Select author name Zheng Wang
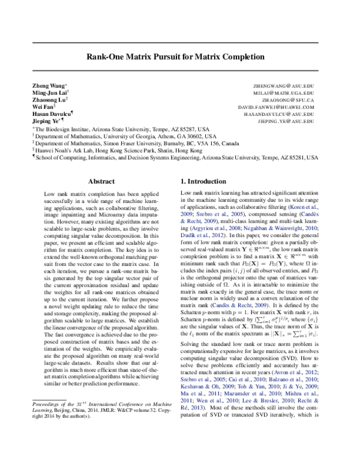[x=49, y=87]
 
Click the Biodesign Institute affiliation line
[x=120, y=129]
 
